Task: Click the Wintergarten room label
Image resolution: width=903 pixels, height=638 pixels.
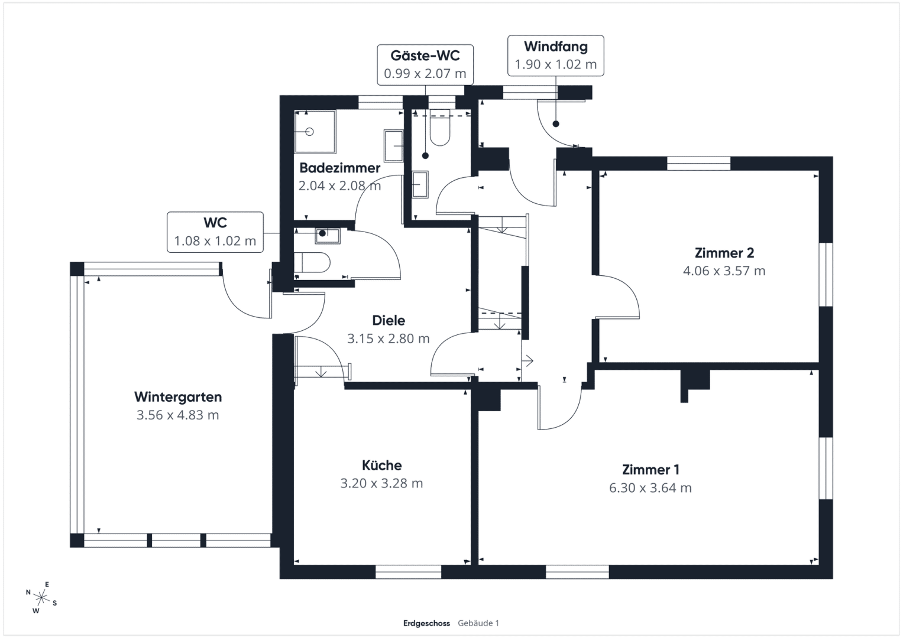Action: pyautogui.click(x=178, y=397)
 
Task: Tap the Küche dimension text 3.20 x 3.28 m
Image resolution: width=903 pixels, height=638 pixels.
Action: pyautogui.click(x=382, y=483)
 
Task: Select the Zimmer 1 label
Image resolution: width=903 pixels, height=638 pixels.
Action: pyautogui.click(x=650, y=470)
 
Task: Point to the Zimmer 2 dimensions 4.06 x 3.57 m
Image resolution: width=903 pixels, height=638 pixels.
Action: pyautogui.click(x=724, y=271)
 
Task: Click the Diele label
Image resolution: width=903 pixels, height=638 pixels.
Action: pyautogui.click(x=389, y=321)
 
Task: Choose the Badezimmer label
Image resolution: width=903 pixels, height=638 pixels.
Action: pyautogui.click(x=340, y=168)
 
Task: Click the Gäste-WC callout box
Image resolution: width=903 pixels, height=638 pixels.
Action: pyautogui.click(x=425, y=65)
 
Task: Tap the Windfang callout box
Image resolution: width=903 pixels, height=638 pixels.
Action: pyautogui.click(x=556, y=56)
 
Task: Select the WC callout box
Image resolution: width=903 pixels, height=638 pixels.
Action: pyautogui.click(x=215, y=232)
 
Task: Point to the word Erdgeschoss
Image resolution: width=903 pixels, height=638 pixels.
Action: pyautogui.click(x=426, y=623)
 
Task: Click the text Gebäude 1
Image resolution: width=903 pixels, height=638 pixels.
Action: pyautogui.click(x=478, y=623)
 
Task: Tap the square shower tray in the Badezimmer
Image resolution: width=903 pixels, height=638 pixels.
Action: pyautogui.click(x=315, y=132)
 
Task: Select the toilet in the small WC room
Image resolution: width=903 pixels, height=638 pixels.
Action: pyautogui.click(x=312, y=263)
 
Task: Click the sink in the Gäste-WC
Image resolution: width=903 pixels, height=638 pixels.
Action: pyautogui.click(x=420, y=184)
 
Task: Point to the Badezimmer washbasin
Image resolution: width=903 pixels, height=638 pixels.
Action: pyautogui.click(x=393, y=146)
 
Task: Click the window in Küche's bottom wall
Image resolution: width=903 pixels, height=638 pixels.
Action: pyautogui.click(x=409, y=572)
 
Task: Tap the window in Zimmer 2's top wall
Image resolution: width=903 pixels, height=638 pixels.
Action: pyautogui.click(x=698, y=164)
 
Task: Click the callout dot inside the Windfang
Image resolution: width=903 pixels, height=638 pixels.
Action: pyautogui.click(x=556, y=124)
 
